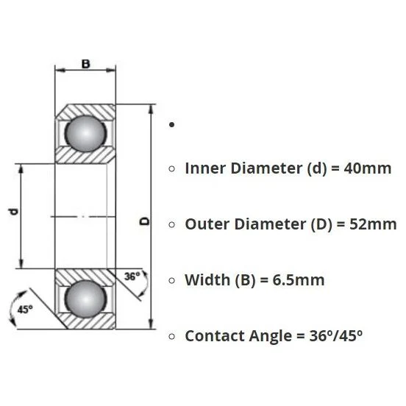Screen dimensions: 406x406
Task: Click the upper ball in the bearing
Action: pyautogui.click(x=85, y=133)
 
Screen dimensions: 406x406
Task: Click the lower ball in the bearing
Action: pyautogui.click(x=85, y=299)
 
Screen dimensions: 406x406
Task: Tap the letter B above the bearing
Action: pyautogui.click(x=86, y=64)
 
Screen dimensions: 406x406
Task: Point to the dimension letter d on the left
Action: pyautogui.click(x=13, y=212)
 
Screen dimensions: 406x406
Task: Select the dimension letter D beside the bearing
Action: pyautogui.click(x=145, y=221)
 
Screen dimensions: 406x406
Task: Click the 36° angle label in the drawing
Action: pyautogui.click(x=132, y=277)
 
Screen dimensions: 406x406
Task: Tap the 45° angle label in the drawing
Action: pyautogui.click(x=25, y=310)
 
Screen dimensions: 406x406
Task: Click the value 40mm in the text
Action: pyautogui.click(x=368, y=168)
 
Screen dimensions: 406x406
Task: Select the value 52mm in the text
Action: pyautogui.click(x=373, y=224)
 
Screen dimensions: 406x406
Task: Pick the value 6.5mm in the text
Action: pyautogui.click(x=299, y=280)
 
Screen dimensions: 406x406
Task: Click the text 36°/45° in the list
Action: pyautogui.click(x=336, y=336)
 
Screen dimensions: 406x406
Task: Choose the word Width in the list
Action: pyautogui.click(x=207, y=280)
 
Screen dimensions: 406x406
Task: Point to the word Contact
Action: pyautogui.click(x=215, y=336)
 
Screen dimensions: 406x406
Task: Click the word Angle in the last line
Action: pyautogui.click(x=271, y=337)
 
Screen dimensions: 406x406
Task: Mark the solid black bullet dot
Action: pyautogui.click(x=171, y=125)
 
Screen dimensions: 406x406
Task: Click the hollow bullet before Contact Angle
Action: pyautogui.click(x=171, y=336)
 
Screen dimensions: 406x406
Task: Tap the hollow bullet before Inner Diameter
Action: pyautogui.click(x=171, y=169)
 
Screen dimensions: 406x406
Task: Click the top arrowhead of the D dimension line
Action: pyautogui.click(x=151, y=109)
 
